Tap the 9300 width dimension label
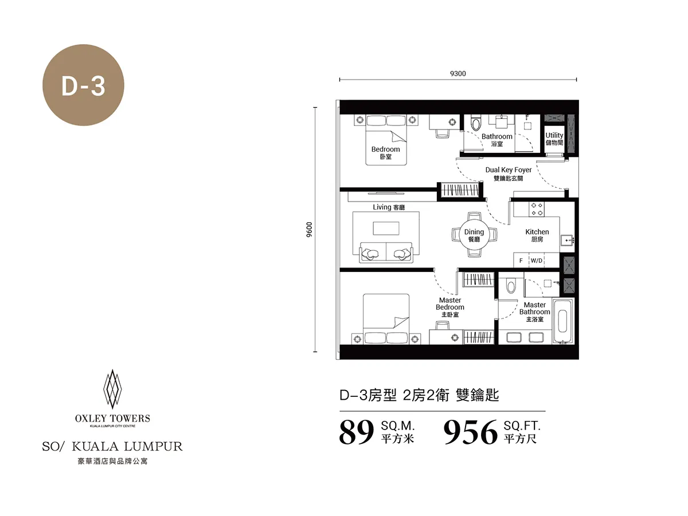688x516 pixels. click(x=458, y=73)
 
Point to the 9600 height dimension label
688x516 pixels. click(x=309, y=230)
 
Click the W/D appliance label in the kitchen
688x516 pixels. click(x=536, y=260)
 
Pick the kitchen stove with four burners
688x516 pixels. click(x=537, y=208)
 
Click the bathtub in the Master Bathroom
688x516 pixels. click(x=563, y=321)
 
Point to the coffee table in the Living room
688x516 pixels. click(x=386, y=228)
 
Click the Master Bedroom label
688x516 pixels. click(x=450, y=308)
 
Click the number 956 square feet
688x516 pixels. click(x=471, y=433)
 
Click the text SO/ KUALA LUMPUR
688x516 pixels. click(x=112, y=446)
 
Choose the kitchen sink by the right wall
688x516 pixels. click(x=568, y=240)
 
